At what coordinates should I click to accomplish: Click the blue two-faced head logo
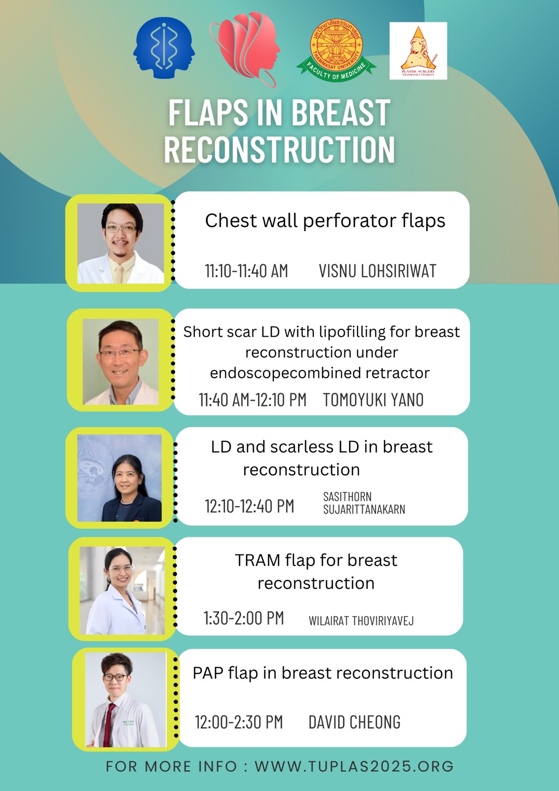pos(164,48)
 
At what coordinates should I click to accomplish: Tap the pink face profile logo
pos(245,49)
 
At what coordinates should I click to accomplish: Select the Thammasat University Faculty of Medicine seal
pos(336,50)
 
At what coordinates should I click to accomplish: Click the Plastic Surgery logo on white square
pos(418,51)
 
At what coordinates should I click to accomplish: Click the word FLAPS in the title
pos(208,112)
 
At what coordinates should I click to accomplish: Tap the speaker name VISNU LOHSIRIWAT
pos(378,271)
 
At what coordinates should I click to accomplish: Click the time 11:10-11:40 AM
pos(246,271)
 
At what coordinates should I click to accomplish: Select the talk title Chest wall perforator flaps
pos(325,221)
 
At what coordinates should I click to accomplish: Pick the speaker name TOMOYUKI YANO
pos(373,400)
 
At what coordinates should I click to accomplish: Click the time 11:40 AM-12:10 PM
pos(252,400)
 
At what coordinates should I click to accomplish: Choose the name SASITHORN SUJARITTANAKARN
pos(364,503)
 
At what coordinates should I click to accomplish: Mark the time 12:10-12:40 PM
pos(249,506)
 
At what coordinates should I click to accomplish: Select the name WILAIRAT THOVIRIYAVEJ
pos(361,621)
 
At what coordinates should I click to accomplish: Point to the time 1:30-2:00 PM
pos(244,618)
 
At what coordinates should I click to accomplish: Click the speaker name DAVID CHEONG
pos(354,722)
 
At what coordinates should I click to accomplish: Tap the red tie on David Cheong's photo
pos(108,724)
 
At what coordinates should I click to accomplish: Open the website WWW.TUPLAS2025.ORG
pos(354,766)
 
